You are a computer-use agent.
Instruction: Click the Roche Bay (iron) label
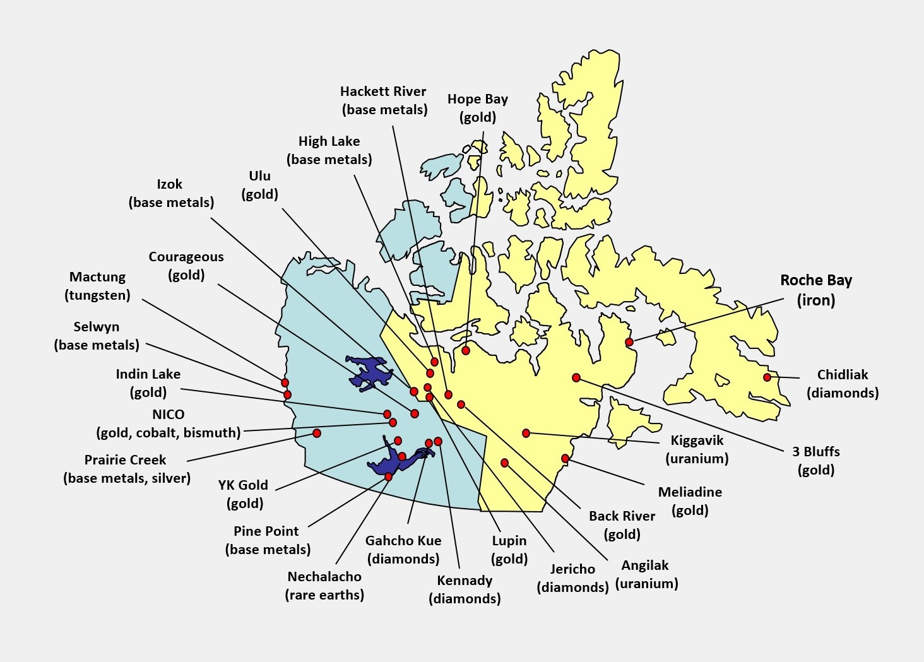(815, 290)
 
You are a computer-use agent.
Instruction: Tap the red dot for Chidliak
(767, 377)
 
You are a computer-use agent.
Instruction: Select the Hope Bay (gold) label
(477, 108)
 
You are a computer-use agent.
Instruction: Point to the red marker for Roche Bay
(629, 342)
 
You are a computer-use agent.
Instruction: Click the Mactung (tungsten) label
(97, 286)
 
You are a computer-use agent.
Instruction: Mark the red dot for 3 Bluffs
(576, 377)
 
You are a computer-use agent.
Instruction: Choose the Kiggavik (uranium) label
(697, 449)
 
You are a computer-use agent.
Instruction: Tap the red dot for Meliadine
(566, 458)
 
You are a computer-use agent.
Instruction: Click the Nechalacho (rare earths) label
(324, 586)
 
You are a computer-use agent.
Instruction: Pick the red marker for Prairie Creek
(317, 433)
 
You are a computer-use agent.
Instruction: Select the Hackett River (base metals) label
(384, 100)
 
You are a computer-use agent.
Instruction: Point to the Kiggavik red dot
(526, 433)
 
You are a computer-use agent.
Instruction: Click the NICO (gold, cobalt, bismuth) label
(169, 423)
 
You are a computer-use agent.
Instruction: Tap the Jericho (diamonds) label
(572, 578)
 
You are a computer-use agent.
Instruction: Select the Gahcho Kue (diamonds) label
(403, 550)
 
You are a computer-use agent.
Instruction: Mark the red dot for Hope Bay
(466, 350)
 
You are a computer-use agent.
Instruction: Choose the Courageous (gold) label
(186, 266)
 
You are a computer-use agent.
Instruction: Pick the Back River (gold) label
(622, 525)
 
